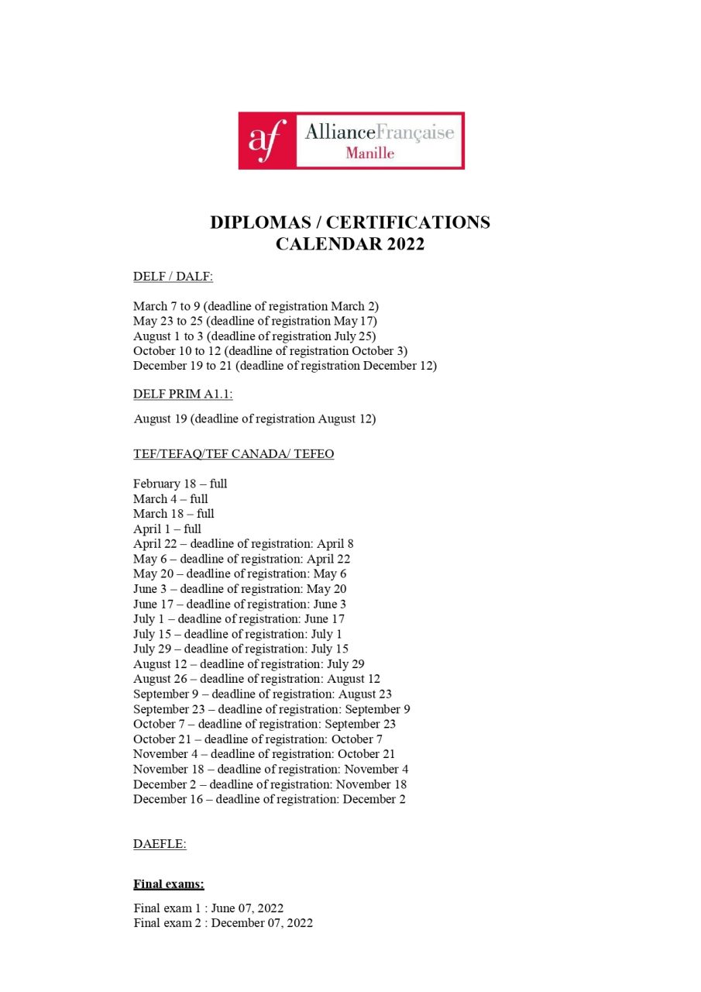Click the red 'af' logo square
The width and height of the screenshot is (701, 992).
[x=267, y=140]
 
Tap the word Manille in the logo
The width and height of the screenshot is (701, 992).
[x=369, y=153]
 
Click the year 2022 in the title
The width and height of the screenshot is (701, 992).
[x=400, y=244]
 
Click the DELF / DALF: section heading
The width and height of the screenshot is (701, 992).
[x=173, y=277]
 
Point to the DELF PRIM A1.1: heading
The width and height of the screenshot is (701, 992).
[x=183, y=394]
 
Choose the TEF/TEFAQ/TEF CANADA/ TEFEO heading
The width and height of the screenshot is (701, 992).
[x=233, y=454]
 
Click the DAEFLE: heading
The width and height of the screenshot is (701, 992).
[x=160, y=844]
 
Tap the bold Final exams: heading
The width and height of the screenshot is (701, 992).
[x=169, y=883]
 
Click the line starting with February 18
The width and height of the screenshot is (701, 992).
[x=180, y=484]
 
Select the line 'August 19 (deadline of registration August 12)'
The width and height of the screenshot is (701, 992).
[x=255, y=419]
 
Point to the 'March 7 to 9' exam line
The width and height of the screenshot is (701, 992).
[x=256, y=306]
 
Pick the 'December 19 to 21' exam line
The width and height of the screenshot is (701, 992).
[x=285, y=366]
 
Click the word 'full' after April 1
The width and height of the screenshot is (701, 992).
[x=192, y=529]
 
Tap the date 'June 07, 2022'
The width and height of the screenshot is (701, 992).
[x=253, y=908]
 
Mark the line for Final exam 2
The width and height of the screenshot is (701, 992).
[x=223, y=923]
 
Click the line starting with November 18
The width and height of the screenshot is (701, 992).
[x=270, y=769]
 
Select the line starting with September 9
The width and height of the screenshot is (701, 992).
[x=262, y=694]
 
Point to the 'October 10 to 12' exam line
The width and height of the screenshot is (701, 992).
[x=270, y=351]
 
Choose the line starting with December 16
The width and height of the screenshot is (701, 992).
[x=269, y=799]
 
